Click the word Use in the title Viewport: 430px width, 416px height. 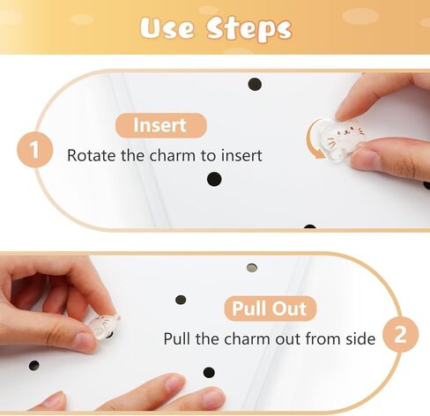pos(167,28)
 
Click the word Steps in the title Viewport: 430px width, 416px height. pos(248,29)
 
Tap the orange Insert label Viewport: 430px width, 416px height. pos(161,125)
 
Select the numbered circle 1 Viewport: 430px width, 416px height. pos(35,150)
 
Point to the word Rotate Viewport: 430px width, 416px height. pos(92,155)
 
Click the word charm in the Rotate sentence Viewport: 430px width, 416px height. pos(172,155)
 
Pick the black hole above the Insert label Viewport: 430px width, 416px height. pos(255,85)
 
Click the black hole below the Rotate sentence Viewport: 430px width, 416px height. pos(214,179)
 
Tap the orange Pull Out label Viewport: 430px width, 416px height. pos(270,308)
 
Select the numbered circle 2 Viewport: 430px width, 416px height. pos(401,334)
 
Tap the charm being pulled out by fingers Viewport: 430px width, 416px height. pos(103,326)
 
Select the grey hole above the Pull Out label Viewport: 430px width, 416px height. pos(252,268)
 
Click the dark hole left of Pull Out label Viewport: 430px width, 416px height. pos(181,300)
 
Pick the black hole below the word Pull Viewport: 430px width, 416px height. pos(209,372)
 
